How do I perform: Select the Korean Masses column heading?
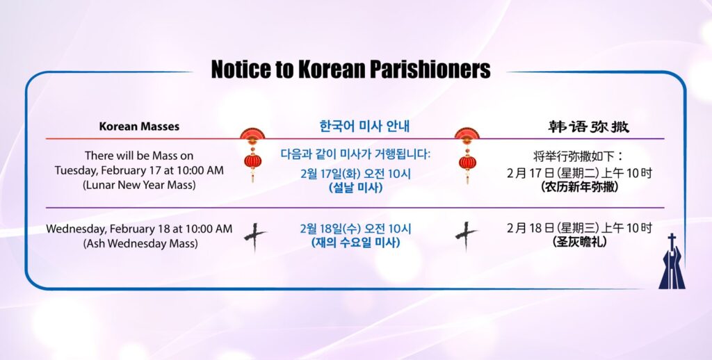[x=139, y=126]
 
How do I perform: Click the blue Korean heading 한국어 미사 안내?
[x=364, y=126]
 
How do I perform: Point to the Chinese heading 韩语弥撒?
[x=588, y=126]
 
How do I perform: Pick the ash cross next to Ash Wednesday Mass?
[x=254, y=236]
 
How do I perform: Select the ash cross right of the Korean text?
[x=466, y=236]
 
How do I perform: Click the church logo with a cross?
[x=672, y=261]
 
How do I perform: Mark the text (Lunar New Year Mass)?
[x=139, y=186]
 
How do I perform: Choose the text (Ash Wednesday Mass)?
[x=140, y=243]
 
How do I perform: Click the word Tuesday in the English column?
[x=76, y=171]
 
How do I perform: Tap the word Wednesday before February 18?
[x=76, y=229]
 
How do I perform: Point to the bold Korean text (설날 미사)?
[x=355, y=187]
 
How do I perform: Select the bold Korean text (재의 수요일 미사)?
[x=355, y=243]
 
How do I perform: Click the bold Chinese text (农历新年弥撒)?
[x=580, y=186]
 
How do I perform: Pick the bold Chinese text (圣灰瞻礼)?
[x=580, y=242]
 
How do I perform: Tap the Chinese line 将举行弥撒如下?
[x=579, y=156]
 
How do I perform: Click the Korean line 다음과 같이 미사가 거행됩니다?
[x=355, y=154]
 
